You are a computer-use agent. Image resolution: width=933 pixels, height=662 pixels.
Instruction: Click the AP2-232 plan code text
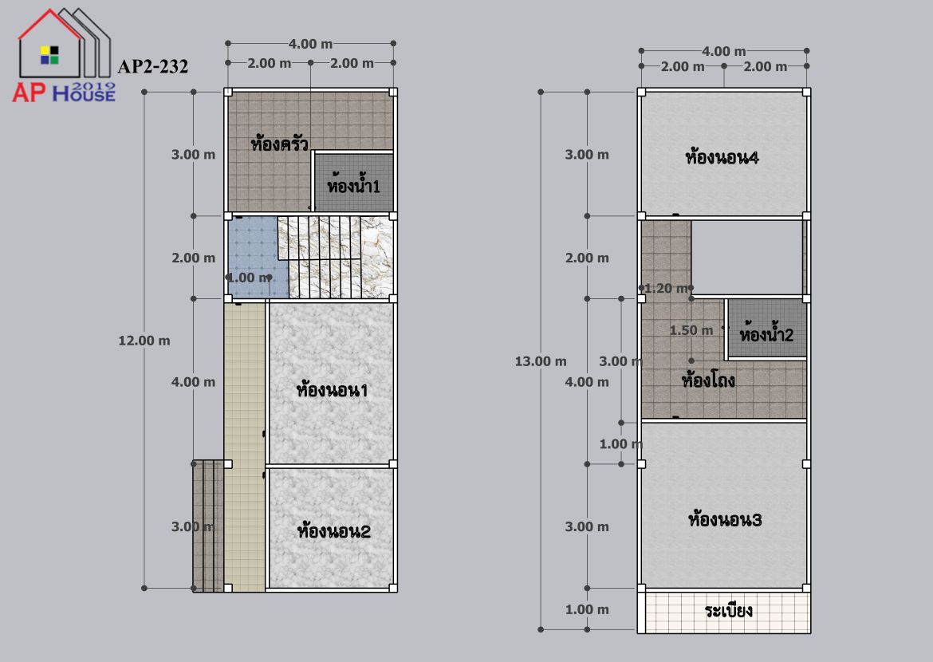[153, 66]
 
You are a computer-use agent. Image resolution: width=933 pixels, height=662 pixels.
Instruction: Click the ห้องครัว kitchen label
[279, 144]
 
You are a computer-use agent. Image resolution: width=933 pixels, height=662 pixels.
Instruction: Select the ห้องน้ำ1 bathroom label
[353, 185]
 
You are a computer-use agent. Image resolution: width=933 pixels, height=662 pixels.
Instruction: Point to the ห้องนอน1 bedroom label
[332, 391]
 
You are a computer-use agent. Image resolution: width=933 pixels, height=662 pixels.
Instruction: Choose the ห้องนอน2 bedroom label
[334, 530]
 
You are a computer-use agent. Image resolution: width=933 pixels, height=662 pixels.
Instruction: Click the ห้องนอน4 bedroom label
[722, 157]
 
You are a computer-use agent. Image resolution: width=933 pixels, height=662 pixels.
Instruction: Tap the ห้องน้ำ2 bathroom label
[766, 334]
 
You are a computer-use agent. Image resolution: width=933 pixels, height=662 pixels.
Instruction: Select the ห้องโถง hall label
[708, 379]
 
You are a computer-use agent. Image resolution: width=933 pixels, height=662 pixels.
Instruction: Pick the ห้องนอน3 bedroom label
[725, 519]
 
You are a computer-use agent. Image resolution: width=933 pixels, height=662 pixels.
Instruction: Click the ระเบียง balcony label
[728, 610]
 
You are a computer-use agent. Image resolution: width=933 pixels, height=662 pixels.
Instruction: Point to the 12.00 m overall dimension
[144, 341]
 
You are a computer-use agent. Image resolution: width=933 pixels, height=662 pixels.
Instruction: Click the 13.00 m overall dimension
[541, 361]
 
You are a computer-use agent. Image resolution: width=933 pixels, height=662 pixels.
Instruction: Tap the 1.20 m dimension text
[666, 289]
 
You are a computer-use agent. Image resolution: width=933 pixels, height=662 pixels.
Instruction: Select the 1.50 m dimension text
[691, 330]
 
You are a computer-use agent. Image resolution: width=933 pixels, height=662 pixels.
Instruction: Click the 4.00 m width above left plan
[310, 44]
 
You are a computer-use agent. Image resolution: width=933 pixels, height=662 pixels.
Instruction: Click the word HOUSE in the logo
[84, 93]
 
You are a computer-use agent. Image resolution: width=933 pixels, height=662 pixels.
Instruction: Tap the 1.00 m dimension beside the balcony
[587, 609]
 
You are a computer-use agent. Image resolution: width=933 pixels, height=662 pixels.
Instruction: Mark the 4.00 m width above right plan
[723, 52]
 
